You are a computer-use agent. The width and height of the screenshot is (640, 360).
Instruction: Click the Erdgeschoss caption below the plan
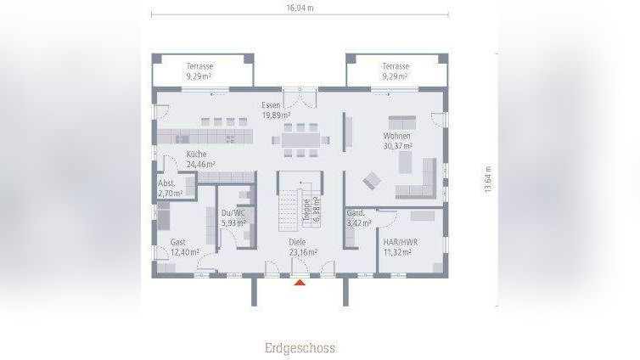pyautogui.click(x=300, y=348)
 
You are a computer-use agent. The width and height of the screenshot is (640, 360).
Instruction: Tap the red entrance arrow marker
pyautogui.click(x=300, y=283)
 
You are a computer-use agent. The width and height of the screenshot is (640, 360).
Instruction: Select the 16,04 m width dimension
pyautogui.click(x=300, y=7)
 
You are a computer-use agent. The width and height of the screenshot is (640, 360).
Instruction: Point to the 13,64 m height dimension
pyautogui.click(x=488, y=179)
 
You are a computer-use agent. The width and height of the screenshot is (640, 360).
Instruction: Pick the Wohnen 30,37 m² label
pyautogui.click(x=396, y=141)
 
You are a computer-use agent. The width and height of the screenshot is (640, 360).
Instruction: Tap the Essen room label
pyautogui.click(x=275, y=110)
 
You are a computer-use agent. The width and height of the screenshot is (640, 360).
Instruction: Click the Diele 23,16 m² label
pyautogui.click(x=302, y=247)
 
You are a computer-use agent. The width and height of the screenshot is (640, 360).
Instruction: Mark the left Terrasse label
pyautogui.click(x=200, y=70)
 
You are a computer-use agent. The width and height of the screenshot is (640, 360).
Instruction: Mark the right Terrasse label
pyautogui.click(x=396, y=70)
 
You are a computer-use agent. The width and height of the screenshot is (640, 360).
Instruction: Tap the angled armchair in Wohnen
pyautogui.click(x=372, y=180)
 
